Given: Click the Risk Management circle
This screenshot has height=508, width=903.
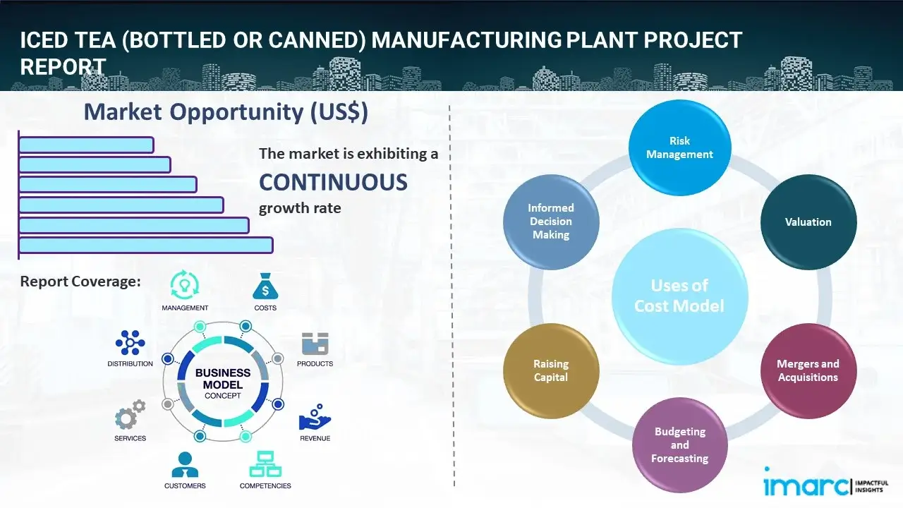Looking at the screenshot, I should (x=679, y=148).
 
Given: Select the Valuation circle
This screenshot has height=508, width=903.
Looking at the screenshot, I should (x=808, y=222).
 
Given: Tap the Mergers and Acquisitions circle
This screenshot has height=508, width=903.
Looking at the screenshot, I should (x=808, y=370).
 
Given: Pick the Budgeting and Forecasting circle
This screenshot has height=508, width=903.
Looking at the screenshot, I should (x=679, y=445).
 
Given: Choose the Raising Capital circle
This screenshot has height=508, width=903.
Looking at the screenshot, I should (x=551, y=370).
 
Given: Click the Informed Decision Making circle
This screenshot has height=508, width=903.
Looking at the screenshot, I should (x=551, y=222).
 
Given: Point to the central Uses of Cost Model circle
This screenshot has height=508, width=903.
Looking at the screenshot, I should (x=679, y=296).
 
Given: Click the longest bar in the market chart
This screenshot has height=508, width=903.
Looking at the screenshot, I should (x=145, y=245).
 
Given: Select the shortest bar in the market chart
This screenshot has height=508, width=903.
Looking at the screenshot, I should (x=86, y=145).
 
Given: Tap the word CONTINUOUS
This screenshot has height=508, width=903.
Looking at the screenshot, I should (x=333, y=183).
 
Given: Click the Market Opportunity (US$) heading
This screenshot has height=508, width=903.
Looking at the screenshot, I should (x=226, y=112).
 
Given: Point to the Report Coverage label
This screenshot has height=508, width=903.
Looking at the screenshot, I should (x=80, y=282).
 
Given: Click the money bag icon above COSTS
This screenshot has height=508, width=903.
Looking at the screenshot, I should (x=265, y=286).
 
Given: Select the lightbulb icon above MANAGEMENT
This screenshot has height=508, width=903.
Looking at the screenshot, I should (x=185, y=285).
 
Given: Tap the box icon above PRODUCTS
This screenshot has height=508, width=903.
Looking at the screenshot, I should (x=315, y=344).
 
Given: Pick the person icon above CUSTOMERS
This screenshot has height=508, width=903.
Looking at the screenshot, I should (x=185, y=464).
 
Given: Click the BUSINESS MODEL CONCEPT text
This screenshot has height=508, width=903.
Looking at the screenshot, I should (x=222, y=383).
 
